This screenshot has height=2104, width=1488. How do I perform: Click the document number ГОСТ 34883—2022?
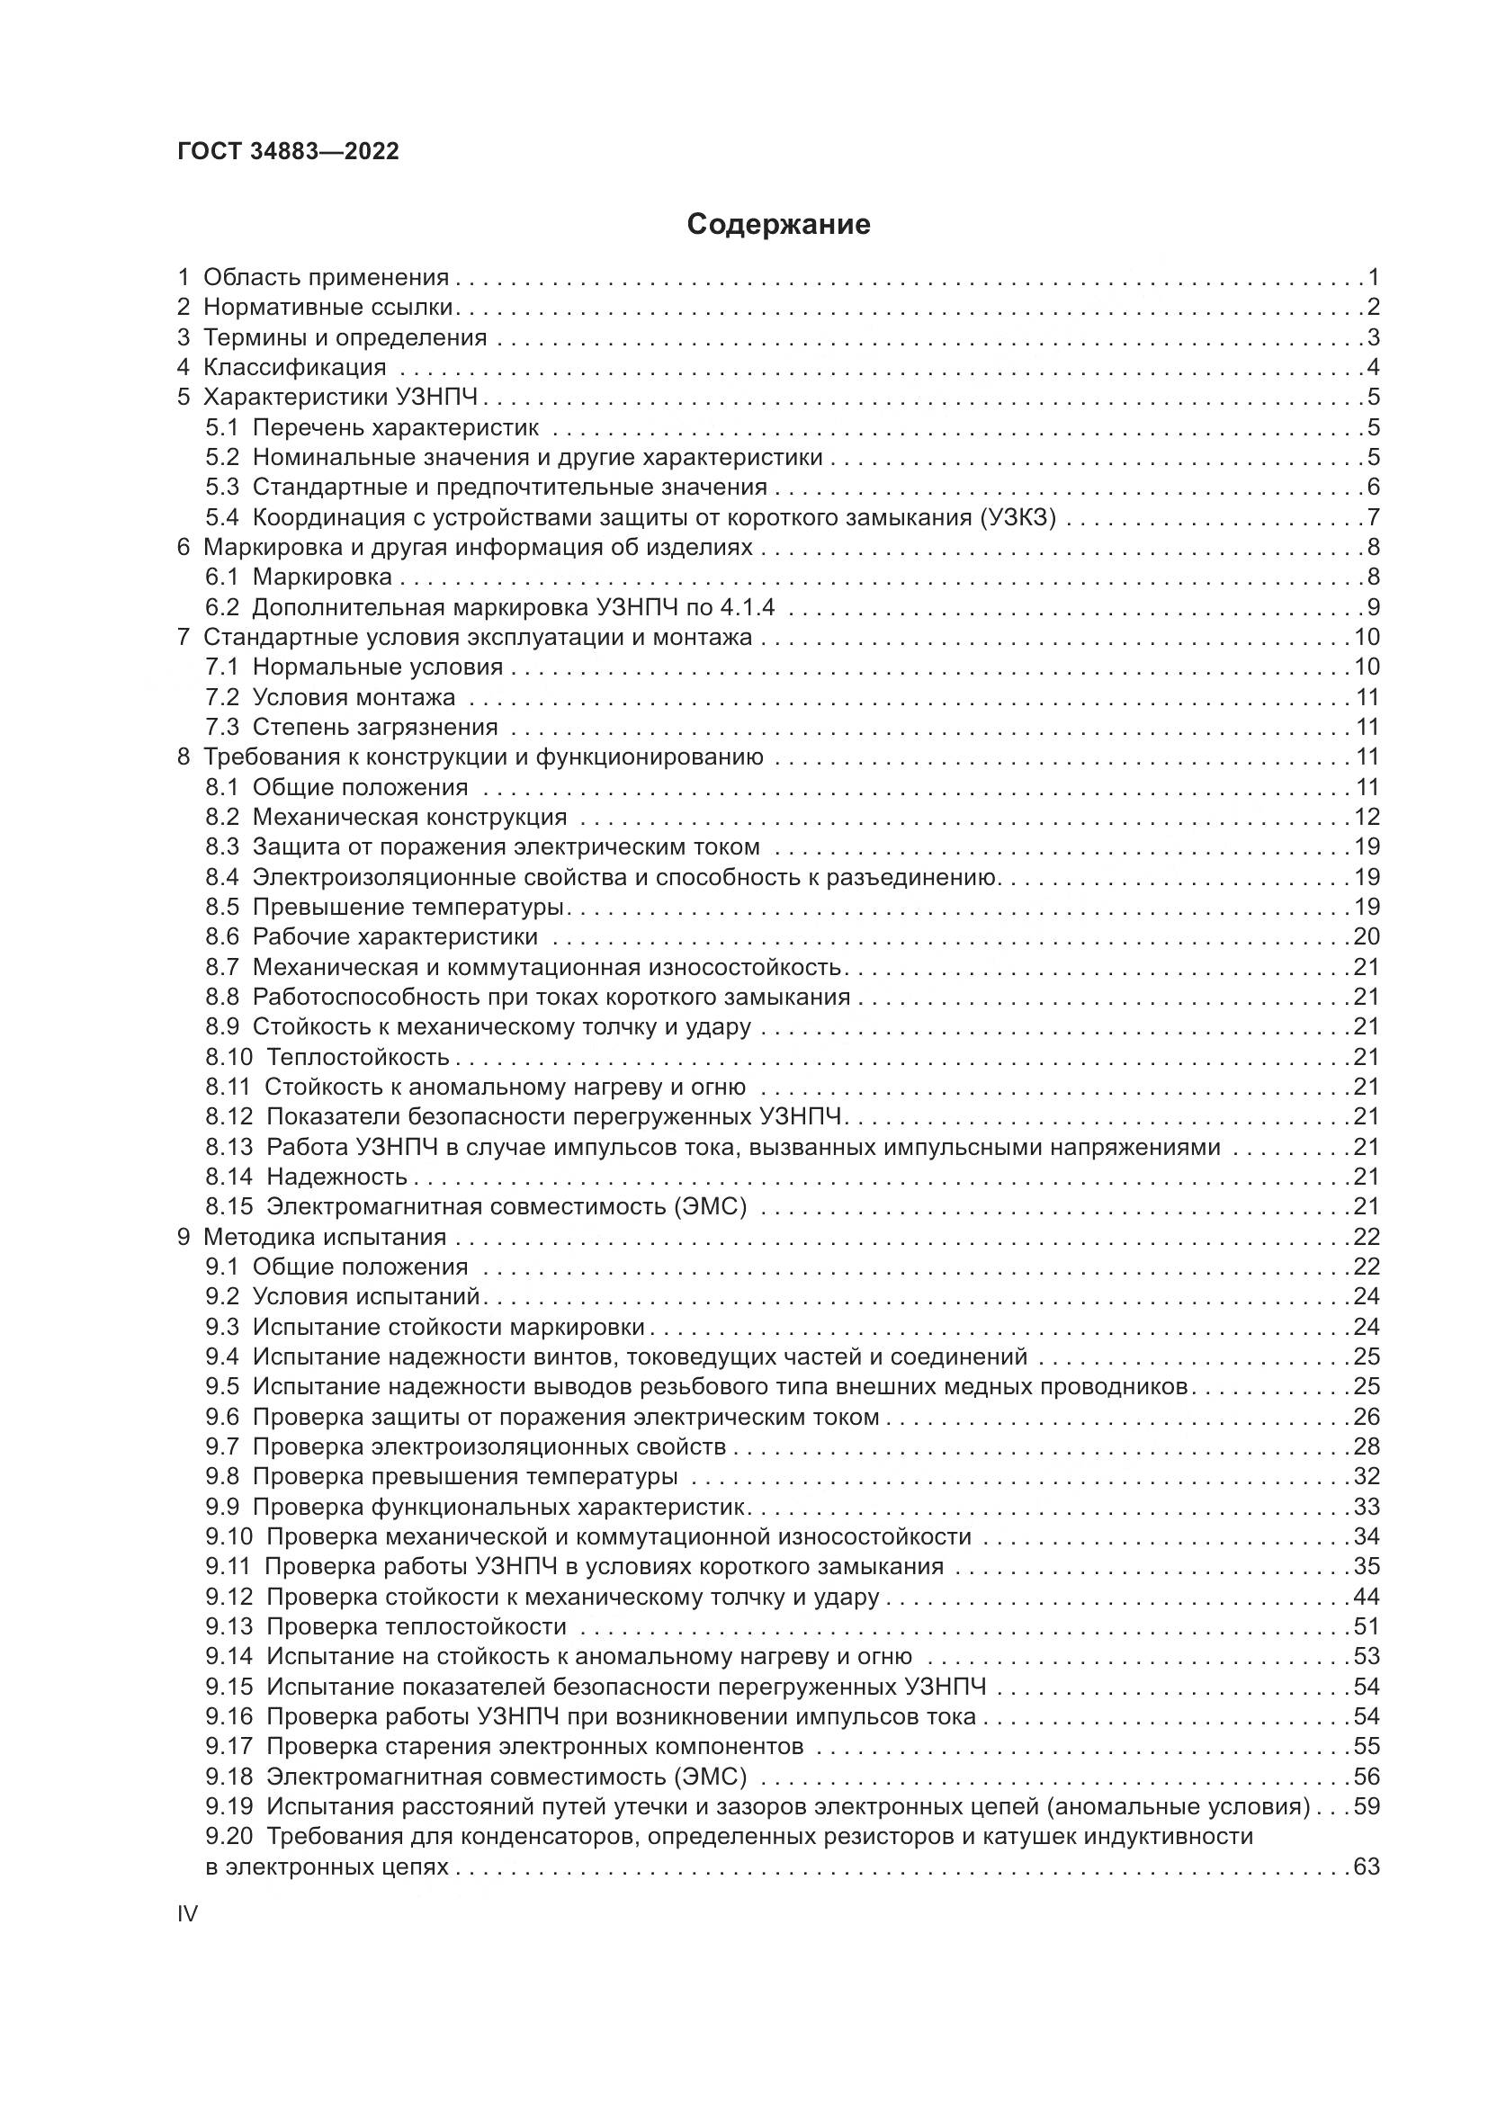point(288,151)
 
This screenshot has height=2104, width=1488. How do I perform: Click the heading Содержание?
point(778,225)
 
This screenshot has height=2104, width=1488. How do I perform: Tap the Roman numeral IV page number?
point(187,1914)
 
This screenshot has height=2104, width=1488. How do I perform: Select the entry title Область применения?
point(326,277)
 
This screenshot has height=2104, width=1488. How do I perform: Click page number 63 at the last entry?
point(1367,1867)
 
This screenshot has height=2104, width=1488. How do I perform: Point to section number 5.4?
point(221,517)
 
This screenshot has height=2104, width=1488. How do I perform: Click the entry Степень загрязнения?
point(375,727)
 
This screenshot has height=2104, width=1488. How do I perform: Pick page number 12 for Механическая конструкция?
point(1367,817)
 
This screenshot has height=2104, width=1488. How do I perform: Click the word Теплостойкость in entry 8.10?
point(357,1057)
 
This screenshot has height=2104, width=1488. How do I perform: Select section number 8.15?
point(229,1207)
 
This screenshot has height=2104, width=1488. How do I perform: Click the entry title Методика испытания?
point(325,1237)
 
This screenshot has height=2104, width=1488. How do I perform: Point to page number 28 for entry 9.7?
point(1367,1447)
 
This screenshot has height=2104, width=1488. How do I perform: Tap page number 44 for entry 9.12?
point(1367,1597)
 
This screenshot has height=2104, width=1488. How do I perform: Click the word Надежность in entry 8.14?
point(336,1177)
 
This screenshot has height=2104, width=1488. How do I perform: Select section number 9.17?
point(229,1747)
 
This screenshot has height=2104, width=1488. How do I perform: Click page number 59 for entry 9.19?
point(1367,1806)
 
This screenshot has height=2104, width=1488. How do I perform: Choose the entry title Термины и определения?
point(345,337)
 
